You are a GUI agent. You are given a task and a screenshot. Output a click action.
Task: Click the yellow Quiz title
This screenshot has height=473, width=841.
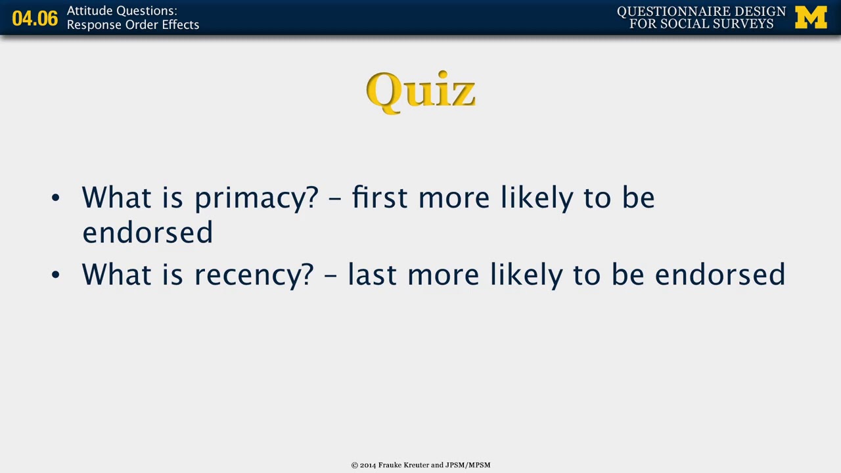coord(420,91)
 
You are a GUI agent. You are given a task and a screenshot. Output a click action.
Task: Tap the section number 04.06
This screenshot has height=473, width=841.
coord(35,18)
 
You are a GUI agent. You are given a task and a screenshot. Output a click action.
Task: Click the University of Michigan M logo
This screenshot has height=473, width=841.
coord(811,18)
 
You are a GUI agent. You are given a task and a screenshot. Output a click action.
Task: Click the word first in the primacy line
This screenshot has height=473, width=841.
coord(379,198)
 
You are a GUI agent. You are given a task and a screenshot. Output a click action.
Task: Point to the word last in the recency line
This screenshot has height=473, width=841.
coord(371,275)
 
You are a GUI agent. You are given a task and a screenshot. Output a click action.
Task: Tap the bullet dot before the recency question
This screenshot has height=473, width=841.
coord(55,275)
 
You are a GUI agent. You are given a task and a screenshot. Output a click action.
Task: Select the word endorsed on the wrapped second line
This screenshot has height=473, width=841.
coord(147,233)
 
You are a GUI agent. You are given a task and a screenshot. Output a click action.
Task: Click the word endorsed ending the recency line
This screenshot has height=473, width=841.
coord(719,275)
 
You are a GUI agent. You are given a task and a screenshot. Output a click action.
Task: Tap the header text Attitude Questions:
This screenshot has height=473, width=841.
coord(122,11)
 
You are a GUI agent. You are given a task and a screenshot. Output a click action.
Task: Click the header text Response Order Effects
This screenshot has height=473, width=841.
coord(133,25)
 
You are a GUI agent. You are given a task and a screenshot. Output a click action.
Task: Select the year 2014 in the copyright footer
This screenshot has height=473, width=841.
coord(368,465)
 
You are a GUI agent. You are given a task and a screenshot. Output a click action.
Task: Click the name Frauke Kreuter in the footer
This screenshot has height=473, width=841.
coord(403,465)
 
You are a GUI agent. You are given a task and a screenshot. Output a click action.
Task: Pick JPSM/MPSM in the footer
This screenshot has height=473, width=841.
coord(468,465)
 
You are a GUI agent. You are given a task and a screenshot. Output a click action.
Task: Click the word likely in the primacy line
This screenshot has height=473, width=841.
coord(537,198)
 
